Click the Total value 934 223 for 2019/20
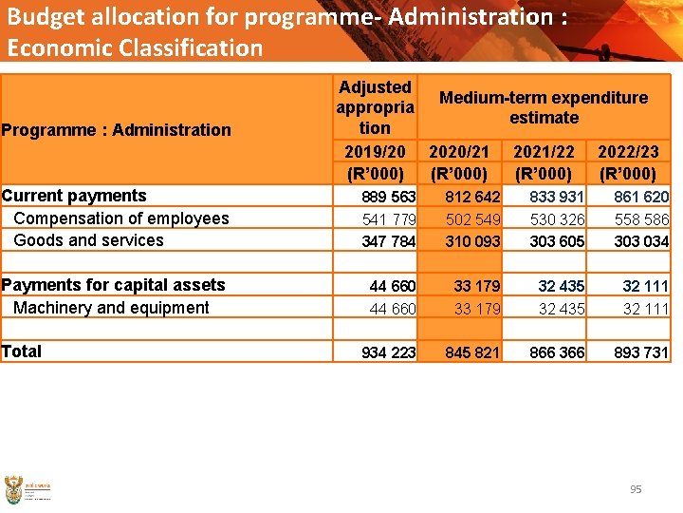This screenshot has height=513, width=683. pyautogui.click(x=388, y=352)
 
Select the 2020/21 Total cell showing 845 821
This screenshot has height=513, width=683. pyautogui.click(x=472, y=352)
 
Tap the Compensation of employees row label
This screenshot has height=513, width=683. pyautogui.click(x=121, y=218)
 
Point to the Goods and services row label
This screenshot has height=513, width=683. pyautogui.click(x=88, y=240)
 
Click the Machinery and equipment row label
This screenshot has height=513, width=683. pyautogui.click(x=111, y=308)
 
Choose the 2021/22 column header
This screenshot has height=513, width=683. pyautogui.click(x=544, y=151)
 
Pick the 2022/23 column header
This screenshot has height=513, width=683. pyautogui.click(x=627, y=151)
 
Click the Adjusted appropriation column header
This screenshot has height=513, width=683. pyautogui.click(x=375, y=107)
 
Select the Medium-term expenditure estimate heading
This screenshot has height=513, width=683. pyautogui.click(x=544, y=107)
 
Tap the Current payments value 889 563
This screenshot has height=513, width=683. pyautogui.click(x=389, y=197)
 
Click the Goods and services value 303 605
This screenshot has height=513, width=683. pyautogui.click(x=557, y=241)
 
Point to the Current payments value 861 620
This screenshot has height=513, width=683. pyautogui.click(x=641, y=197)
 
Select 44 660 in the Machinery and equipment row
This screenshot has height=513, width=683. pyautogui.click(x=393, y=308)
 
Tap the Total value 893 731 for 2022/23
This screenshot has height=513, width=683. pyautogui.click(x=641, y=352)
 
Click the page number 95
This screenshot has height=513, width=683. pyautogui.click(x=636, y=489)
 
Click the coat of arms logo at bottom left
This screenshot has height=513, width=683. pyautogui.click(x=13, y=490)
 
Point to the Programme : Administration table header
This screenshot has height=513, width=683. pyautogui.click(x=117, y=130)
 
